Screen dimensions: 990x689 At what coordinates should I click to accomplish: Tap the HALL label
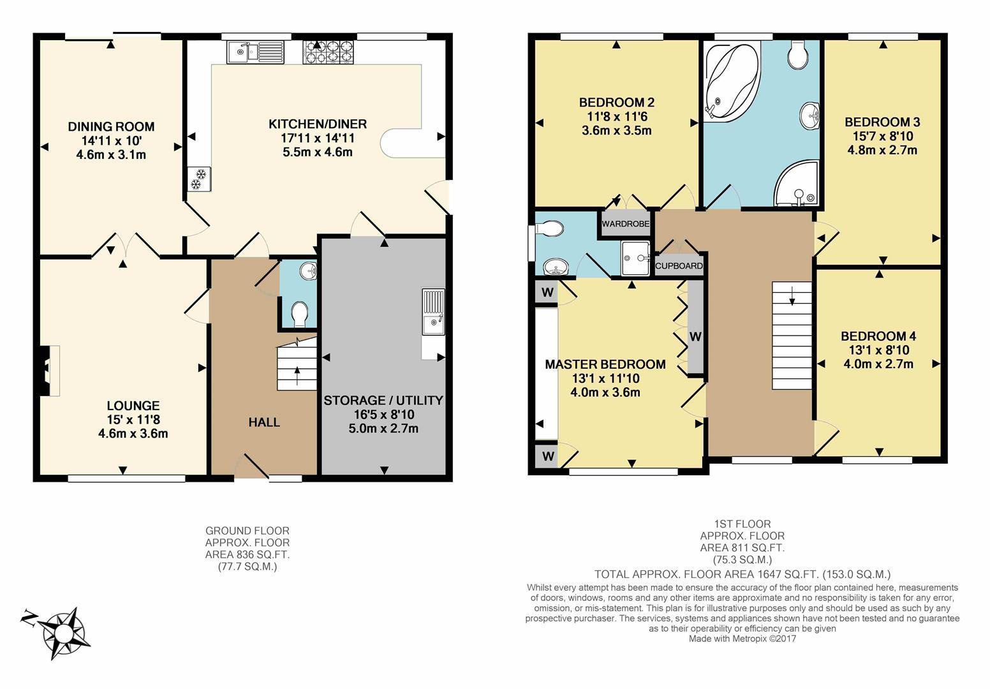pos(264,422)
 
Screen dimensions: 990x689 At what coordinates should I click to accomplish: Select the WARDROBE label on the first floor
pos(625,224)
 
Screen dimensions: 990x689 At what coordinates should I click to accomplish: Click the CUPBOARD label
pos(679,265)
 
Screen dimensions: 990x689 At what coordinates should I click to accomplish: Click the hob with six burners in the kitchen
pos(328,52)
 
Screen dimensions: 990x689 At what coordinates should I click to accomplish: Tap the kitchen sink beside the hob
pos(255,52)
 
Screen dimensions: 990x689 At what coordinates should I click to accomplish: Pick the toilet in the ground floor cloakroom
pos(299,313)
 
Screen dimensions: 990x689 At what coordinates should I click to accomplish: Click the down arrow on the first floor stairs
pos(792,295)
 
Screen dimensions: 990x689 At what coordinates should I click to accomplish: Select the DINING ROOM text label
pos(111,127)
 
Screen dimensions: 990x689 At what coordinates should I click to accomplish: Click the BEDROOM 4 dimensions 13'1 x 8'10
pos(878,350)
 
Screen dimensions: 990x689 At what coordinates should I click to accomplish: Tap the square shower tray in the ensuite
pos(635,258)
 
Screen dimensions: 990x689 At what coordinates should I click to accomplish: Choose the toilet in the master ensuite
pos(549,228)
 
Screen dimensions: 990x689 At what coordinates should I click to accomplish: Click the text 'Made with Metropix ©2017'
pos(742,639)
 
